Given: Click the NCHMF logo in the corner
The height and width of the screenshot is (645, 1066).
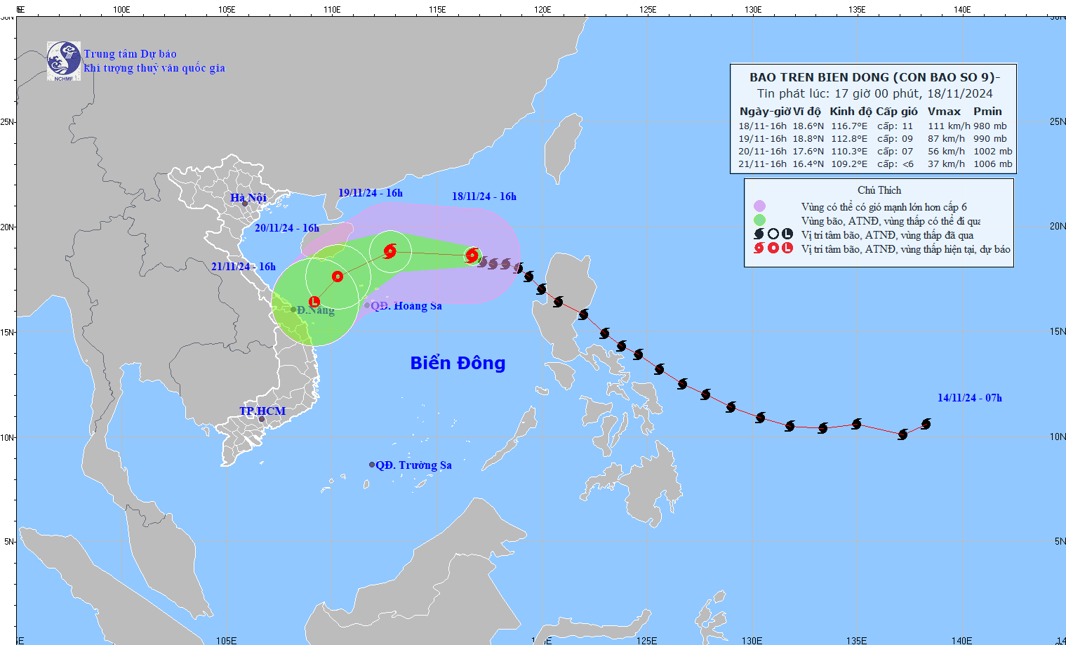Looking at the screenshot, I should (x=63, y=60).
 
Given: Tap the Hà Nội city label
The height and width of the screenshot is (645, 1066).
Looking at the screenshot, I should (x=248, y=198).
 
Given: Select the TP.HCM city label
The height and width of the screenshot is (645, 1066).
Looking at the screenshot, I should (x=262, y=411).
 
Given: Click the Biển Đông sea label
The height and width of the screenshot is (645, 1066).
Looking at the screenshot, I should (x=458, y=363).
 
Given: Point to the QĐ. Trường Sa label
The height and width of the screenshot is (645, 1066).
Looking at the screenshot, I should (x=413, y=465).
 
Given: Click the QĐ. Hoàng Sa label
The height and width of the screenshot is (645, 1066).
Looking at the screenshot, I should (x=406, y=306).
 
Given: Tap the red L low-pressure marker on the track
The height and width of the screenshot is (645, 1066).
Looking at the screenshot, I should (x=314, y=302).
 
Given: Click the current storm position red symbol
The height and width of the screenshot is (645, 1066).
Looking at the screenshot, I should (x=472, y=255).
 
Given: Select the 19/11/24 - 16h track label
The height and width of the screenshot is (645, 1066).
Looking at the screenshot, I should (x=371, y=193).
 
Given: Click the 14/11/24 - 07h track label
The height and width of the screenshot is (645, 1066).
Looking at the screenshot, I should (x=969, y=398).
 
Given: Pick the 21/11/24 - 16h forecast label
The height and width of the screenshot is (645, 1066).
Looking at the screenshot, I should (x=244, y=267).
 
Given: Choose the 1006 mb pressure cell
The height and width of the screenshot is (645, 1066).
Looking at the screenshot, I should (x=992, y=164).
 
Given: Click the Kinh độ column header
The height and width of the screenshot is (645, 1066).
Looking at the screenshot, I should (x=851, y=112).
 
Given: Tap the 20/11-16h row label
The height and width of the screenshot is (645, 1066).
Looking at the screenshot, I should (x=762, y=152).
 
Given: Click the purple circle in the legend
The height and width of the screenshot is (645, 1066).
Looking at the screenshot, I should (x=759, y=206).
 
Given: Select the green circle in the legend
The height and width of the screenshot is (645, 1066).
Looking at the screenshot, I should (x=759, y=220).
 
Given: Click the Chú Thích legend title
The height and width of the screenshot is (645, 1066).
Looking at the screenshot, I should (x=879, y=190).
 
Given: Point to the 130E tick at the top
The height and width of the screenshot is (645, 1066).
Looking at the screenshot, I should (x=753, y=10).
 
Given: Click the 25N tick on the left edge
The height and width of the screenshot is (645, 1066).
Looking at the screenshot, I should (x=7, y=122).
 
